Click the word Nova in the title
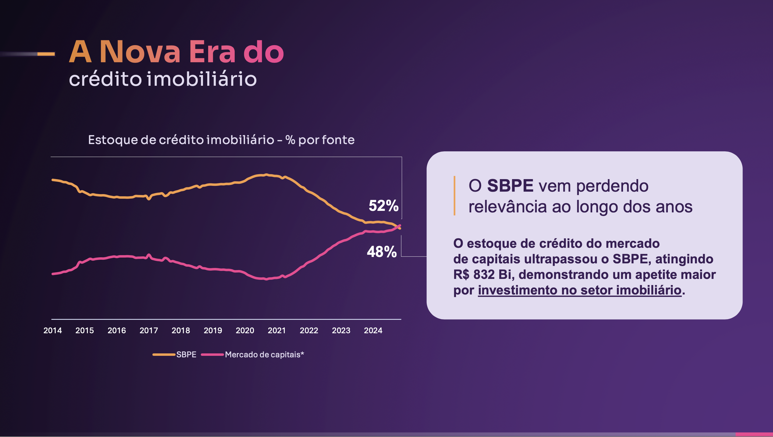pos(140,52)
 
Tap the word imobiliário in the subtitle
pos(201,79)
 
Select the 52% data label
pos(383,205)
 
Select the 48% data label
pos(382,252)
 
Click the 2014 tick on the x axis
pos(52,330)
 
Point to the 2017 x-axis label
pos(149,330)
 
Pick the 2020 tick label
pos(245,330)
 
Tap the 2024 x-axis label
pos(373,330)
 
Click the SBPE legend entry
pos(186,355)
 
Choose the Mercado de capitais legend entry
pos(264,355)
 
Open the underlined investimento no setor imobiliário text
pos(579,290)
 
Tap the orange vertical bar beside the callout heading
pos(454,196)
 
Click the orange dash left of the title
pos(46,54)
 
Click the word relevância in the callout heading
pos(508,207)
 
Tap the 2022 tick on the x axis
pos(309,330)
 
